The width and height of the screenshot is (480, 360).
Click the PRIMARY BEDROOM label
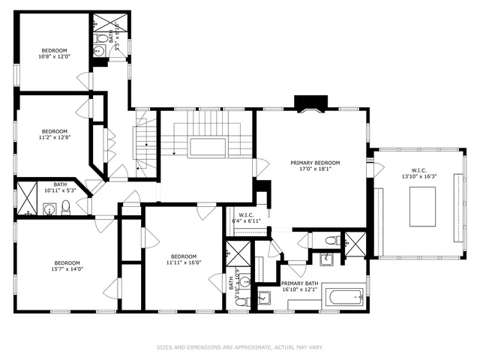[x=315, y=163]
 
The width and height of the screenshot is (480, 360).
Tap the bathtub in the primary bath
[x=345, y=299]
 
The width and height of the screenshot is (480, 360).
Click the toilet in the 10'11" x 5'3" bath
[x=66, y=208]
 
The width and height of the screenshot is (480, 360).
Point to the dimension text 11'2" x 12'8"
[x=54, y=137]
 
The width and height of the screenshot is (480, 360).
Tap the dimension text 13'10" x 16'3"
[x=418, y=176]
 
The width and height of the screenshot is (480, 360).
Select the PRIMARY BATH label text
[x=301, y=283]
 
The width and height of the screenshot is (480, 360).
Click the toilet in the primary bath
[x=332, y=241]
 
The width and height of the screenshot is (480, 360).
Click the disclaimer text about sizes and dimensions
[x=239, y=347]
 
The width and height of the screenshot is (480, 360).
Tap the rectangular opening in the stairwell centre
[x=207, y=147]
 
